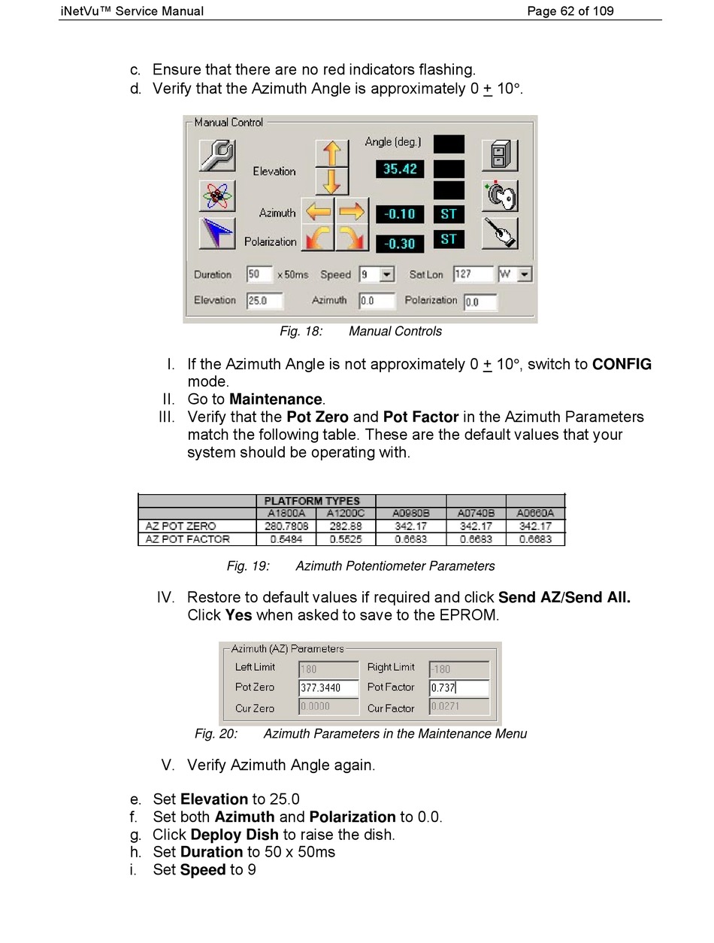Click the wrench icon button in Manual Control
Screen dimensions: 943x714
218,156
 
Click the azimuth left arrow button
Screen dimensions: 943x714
317,213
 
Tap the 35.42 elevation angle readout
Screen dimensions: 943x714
399,169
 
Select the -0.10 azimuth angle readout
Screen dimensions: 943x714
399,214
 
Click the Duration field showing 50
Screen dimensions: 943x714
259,274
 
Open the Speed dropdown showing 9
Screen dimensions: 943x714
386,275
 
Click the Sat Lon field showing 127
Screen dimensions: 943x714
473,274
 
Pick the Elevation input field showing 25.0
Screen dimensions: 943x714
265,301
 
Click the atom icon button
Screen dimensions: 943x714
218,196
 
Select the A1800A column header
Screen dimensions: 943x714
286,514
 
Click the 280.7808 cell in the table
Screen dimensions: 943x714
286,526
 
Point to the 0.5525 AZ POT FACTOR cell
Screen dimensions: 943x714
345,539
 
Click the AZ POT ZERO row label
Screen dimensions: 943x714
181,526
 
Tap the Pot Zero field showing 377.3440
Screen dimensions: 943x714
328,687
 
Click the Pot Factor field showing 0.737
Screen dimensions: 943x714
458,687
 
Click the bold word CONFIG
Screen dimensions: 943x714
622,365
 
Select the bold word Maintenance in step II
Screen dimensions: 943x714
276,399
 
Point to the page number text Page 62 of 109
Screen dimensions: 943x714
570,11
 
